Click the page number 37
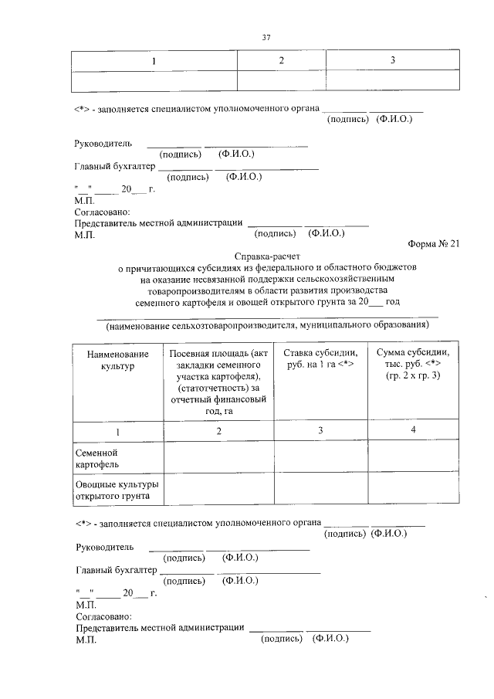(x=266, y=36)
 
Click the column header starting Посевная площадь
(x=219, y=382)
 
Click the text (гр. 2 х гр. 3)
(x=413, y=375)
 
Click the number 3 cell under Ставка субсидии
(x=320, y=430)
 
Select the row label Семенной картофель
(x=96, y=458)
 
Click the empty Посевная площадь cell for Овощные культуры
(x=219, y=490)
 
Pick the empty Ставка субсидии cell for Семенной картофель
(x=320, y=458)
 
